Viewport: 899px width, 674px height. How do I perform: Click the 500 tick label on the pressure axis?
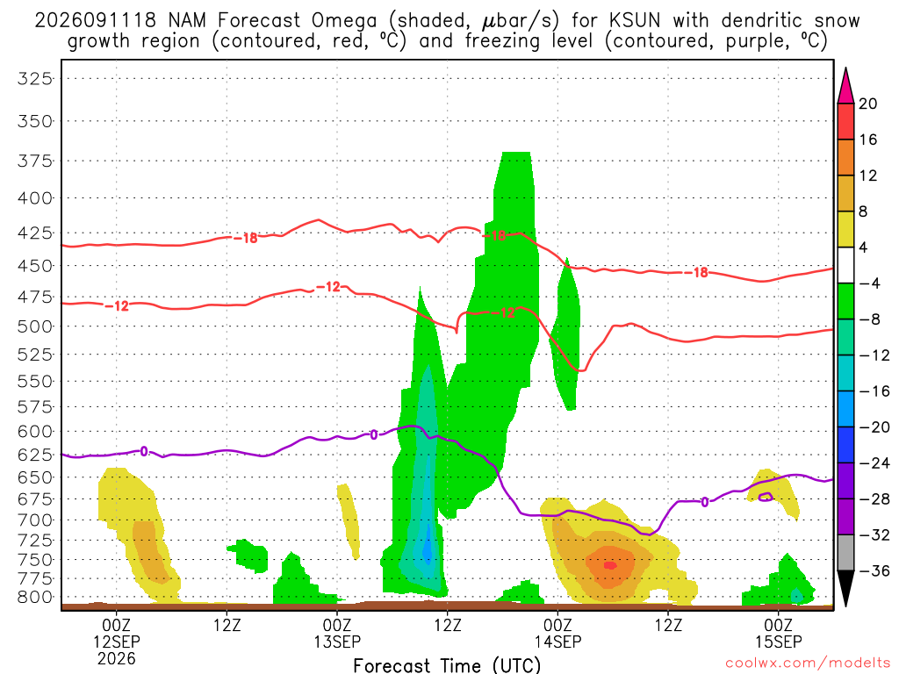coord(35,326)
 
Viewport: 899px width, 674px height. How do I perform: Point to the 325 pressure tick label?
coord(35,78)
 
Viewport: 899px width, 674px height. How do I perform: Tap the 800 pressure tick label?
coord(35,597)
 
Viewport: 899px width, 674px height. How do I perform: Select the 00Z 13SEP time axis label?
coord(337,633)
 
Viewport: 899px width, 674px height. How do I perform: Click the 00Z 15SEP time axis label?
coord(778,633)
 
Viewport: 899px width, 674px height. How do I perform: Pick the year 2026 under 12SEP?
coord(117,658)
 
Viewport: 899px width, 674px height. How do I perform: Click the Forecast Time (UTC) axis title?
coord(447,665)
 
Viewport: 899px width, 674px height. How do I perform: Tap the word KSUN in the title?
coord(635,21)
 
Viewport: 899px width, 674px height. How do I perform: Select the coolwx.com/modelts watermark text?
coord(807,663)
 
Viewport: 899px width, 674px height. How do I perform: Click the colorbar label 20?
coord(868,104)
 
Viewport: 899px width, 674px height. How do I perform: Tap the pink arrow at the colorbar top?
coord(845,87)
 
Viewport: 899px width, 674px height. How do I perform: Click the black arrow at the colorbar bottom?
coord(845,587)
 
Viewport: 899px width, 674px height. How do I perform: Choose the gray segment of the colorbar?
coord(845,553)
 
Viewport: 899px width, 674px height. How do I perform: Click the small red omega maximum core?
coord(610,566)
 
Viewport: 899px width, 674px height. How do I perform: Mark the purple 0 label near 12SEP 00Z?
coord(144,452)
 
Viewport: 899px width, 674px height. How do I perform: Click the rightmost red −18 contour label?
coord(700,273)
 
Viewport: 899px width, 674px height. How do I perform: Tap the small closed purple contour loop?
coord(766,497)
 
